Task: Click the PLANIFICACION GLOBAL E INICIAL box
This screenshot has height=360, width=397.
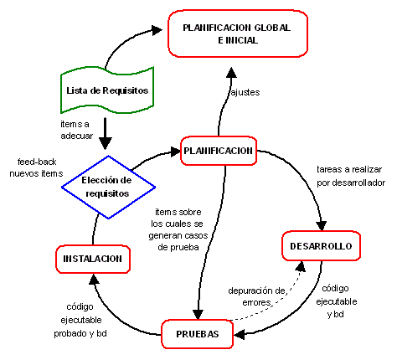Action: (238, 33)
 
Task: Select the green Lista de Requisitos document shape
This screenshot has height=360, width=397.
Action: (107, 90)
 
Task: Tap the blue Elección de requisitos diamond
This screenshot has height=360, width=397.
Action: (108, 187)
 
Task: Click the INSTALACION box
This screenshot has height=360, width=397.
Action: (93, 259)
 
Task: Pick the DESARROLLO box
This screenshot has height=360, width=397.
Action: (321, 246)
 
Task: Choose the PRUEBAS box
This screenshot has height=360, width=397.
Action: (198, 334)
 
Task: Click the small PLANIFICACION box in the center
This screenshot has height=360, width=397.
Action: (219, 151)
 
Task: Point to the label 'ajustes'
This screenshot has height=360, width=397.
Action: (245, 92)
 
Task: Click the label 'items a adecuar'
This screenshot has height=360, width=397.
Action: (77, 130)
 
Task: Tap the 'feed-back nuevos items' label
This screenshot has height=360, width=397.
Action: (36, 167)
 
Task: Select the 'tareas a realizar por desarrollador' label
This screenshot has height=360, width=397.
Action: (351, 176)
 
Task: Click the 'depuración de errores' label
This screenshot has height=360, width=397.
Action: (257, 296)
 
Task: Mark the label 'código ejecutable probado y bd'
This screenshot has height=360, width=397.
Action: (80, 320)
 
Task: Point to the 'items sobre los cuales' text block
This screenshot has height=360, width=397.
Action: (178, 229)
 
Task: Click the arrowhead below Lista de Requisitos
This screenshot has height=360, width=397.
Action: (106, 143)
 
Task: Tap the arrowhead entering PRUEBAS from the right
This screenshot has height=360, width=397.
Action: (240, 334)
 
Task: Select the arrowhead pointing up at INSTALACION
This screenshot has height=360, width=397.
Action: (94, 279)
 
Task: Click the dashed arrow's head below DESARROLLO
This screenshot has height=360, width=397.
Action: (301, 266)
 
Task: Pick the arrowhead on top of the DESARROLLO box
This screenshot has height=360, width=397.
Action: (322, 226)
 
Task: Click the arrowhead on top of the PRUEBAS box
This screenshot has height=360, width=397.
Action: (198, 314)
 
